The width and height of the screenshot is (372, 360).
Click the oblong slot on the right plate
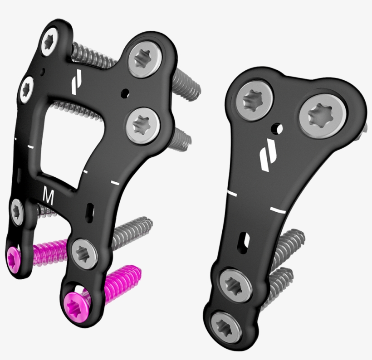click(245, 240)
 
